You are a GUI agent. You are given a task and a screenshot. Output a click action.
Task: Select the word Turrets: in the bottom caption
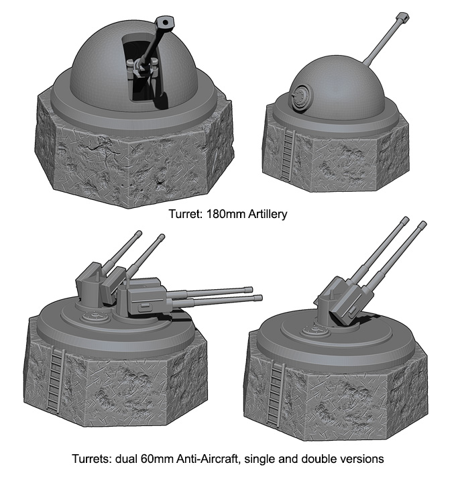(x=93, y=460)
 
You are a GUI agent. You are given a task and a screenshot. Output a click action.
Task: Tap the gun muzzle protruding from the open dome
(x=165, y=23)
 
